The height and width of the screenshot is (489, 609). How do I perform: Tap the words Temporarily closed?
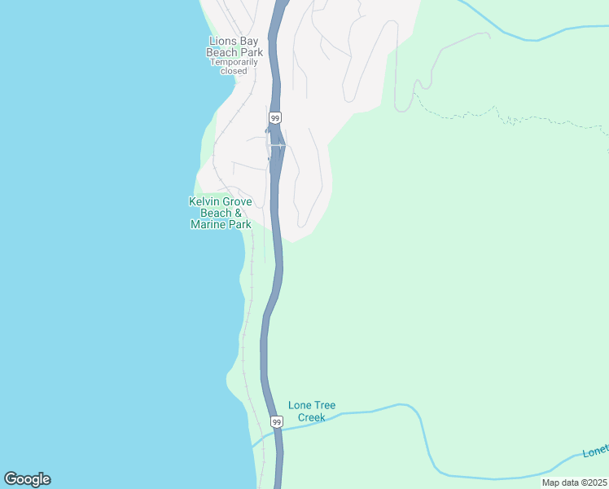coord(234,66)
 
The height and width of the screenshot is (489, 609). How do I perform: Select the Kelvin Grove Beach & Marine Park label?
coord(220,213)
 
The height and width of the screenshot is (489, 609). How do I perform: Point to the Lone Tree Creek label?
coord(312,412)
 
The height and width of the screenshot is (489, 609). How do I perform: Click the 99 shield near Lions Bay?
coord(276,118)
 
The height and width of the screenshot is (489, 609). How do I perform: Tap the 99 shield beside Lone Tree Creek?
coord(277,422)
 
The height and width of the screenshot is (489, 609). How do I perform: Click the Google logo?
coord(27,479)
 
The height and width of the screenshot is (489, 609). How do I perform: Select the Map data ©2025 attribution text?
coord(575,482)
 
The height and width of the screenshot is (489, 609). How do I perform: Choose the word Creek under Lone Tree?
coord(312,417)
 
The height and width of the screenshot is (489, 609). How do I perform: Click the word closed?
coord(234,71)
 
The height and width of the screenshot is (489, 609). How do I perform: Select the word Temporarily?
coord(234,61)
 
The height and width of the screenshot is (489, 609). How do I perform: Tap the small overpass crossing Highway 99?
coord(278,146)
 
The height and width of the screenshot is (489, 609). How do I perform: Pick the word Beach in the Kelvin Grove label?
coord(216,213)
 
